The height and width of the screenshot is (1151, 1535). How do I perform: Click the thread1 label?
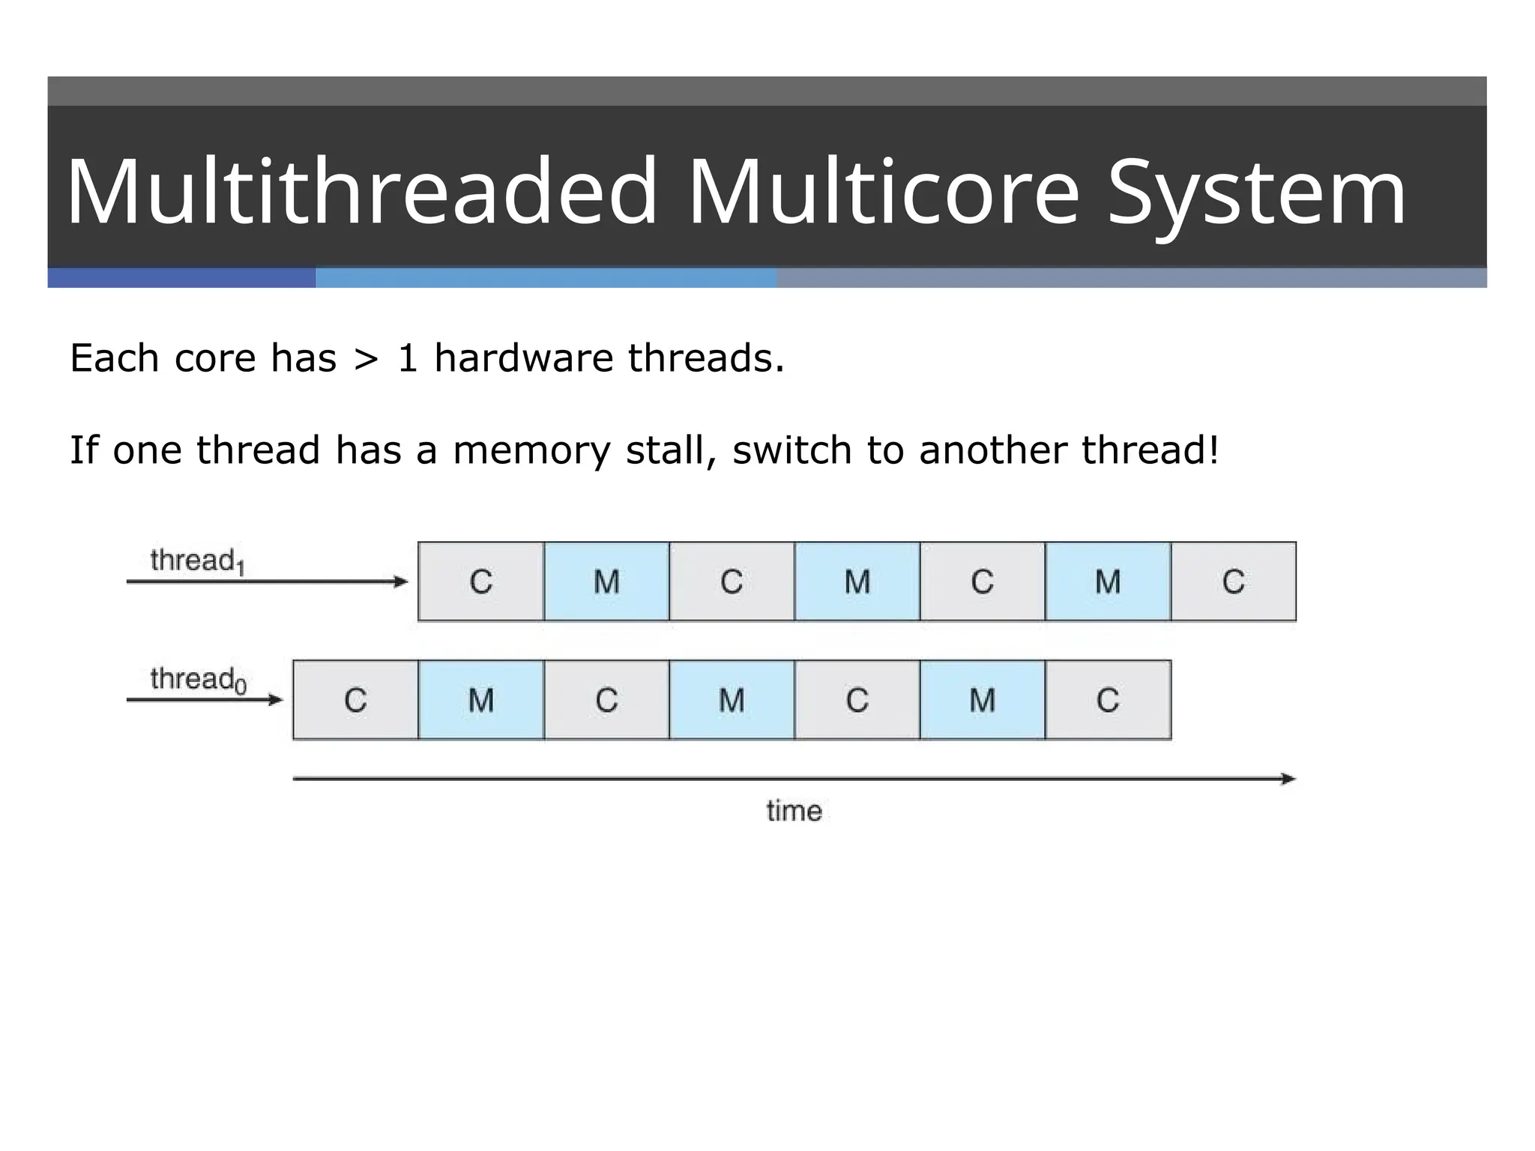(x=197, y=561)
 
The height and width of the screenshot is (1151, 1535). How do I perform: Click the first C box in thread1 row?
(x=480, y=581)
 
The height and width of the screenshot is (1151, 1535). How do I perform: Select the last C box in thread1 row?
(x=1233, y=581)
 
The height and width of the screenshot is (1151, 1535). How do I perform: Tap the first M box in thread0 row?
(x=480, y=700)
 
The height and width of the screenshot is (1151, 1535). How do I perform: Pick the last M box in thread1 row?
(x=1108, y=581)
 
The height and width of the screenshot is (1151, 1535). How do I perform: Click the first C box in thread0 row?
(x=355, y=700)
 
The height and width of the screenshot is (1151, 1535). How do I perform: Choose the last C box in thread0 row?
(x=1108, y=700)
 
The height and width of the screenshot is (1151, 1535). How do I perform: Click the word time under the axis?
(x=794, y=811)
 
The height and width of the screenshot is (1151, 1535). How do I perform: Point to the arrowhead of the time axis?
(x=1288, y=779)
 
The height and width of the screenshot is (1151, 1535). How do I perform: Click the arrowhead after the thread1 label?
(x=401, y=581)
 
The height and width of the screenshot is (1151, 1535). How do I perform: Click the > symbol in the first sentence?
(x=366, y=358)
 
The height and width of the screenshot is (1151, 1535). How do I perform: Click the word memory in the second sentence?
(x=531, y=451)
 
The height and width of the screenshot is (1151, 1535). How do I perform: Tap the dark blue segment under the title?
(x=181, y=278)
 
